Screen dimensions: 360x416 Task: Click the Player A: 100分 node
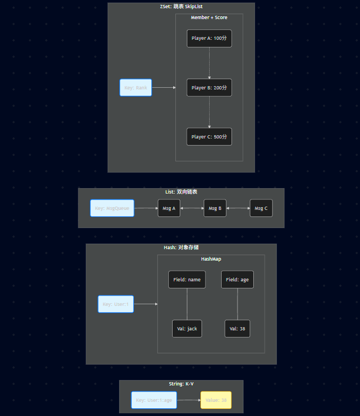pos(209,38)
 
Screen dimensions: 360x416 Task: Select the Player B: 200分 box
pos(209,87)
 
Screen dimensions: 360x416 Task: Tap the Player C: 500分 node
pos(209,137)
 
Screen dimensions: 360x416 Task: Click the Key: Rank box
pos(136,87)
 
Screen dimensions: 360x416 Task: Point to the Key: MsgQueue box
pos(112,208)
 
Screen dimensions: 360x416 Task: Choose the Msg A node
pos(169,208)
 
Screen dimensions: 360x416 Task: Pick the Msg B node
pos(215,208)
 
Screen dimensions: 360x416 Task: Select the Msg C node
pos(261,208)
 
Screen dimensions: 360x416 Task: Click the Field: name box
pos(187,280)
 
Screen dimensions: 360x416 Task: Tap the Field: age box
pos(237,280)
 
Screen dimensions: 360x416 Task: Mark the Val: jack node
pos(187,329)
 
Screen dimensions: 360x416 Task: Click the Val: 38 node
pos(237,329)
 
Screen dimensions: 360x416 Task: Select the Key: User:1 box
pos(115,304)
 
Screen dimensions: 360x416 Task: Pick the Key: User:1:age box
pos(154,400)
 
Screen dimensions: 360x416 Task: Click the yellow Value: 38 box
pos(216,400)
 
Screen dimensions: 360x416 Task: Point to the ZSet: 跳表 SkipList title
pos(181,7)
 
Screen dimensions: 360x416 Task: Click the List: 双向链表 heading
pos(181,192)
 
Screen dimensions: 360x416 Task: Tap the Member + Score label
pos(209,17)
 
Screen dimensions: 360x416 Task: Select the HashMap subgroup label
pos(211,259)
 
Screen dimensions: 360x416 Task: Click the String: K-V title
pos(181,384)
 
